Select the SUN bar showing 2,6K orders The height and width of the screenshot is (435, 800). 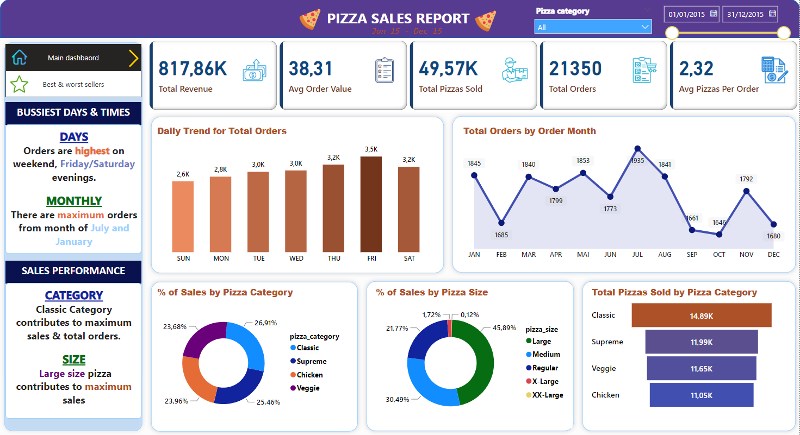point(183,216)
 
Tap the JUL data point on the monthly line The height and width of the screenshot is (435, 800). point(637,148)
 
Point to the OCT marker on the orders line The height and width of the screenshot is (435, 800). point(719,234)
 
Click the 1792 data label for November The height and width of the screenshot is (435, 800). point(746,179)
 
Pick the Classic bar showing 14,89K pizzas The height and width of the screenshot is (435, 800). point(701,315)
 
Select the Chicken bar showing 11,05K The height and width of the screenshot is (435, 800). point(701,395)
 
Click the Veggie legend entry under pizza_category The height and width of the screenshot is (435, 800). point(308,388)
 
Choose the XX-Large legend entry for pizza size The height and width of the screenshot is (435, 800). point(547,395)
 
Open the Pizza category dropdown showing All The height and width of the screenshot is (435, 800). point(593,27)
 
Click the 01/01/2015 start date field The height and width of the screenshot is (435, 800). point(687,14)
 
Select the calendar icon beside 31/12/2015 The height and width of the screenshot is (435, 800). point(772,14)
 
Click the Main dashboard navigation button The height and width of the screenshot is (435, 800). point(73,58)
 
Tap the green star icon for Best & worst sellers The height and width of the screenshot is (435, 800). point(20,84)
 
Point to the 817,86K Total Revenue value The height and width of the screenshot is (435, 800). point(193,69)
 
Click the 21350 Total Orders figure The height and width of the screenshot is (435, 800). point(575,69)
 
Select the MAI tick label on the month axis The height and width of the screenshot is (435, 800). point(582,254)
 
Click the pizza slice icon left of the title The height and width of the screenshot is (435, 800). point(310,20)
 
